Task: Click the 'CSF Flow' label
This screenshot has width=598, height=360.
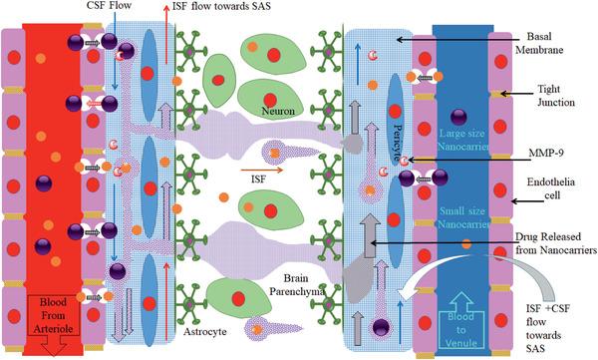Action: coord(109,5)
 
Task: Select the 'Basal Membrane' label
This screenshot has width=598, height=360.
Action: coord(539,43)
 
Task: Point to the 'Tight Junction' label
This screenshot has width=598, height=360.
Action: coord(556,96)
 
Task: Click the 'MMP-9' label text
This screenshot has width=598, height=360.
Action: coord(546,154)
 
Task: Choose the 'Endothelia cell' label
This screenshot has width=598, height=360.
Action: coord(551,188)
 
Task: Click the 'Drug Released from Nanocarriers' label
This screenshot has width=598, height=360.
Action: coord(556,243)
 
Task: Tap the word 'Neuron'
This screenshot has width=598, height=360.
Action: coord(278,111)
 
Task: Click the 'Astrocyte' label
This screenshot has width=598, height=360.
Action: coord(204,331)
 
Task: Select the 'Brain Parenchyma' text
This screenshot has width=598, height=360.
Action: coord(297,285)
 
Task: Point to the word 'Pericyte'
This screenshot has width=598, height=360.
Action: coord(398,142)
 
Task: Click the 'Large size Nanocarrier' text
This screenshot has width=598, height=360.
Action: coord(462,140)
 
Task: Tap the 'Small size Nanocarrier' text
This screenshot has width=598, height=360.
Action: coord(462,217)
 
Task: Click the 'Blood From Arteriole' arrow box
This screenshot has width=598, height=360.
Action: coord(53,319)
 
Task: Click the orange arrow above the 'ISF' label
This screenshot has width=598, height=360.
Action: coord(262,171)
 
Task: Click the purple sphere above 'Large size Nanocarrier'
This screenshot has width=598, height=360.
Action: coord(458,117)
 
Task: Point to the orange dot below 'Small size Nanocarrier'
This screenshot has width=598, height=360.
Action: coord(466,243)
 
